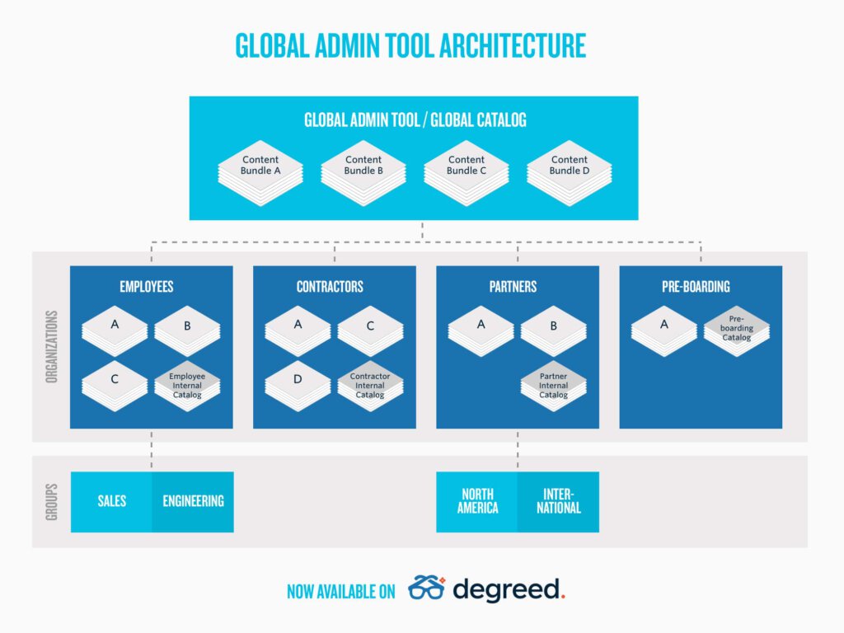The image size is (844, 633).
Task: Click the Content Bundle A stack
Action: (x=260, y=173)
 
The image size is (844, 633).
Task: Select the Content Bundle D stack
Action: (x=570, y=173)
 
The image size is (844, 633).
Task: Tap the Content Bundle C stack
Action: (x=467, y=173)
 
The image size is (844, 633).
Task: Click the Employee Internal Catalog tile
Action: (x=187, y=386)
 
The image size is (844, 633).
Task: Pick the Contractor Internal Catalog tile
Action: (x=370, y=386)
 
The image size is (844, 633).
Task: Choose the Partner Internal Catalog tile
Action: (x=553, y=386)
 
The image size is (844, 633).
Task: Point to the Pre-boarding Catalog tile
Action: (x=736, y=331)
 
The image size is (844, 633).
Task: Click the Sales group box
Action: (x=111, y=502)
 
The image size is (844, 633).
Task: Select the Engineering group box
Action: (x=193, y=502)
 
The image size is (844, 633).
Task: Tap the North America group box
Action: (x=477, y=502)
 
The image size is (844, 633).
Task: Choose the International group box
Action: (x=558, y=502)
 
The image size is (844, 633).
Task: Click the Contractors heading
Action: (x=330, y=286)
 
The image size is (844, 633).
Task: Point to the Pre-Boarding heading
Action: (x=696, y=286)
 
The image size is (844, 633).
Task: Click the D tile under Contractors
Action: (x=298, y=386)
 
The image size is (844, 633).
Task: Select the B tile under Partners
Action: (x=553, y=331)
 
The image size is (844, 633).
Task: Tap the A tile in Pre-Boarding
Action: (x=663, y=331)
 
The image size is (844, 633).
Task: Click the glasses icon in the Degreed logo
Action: (x=427, y=588)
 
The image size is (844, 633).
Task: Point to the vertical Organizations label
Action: (x=52, y=347)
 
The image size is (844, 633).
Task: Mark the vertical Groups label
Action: (x=52, y=502)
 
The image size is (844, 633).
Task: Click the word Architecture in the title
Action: (x=513, y=45)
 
